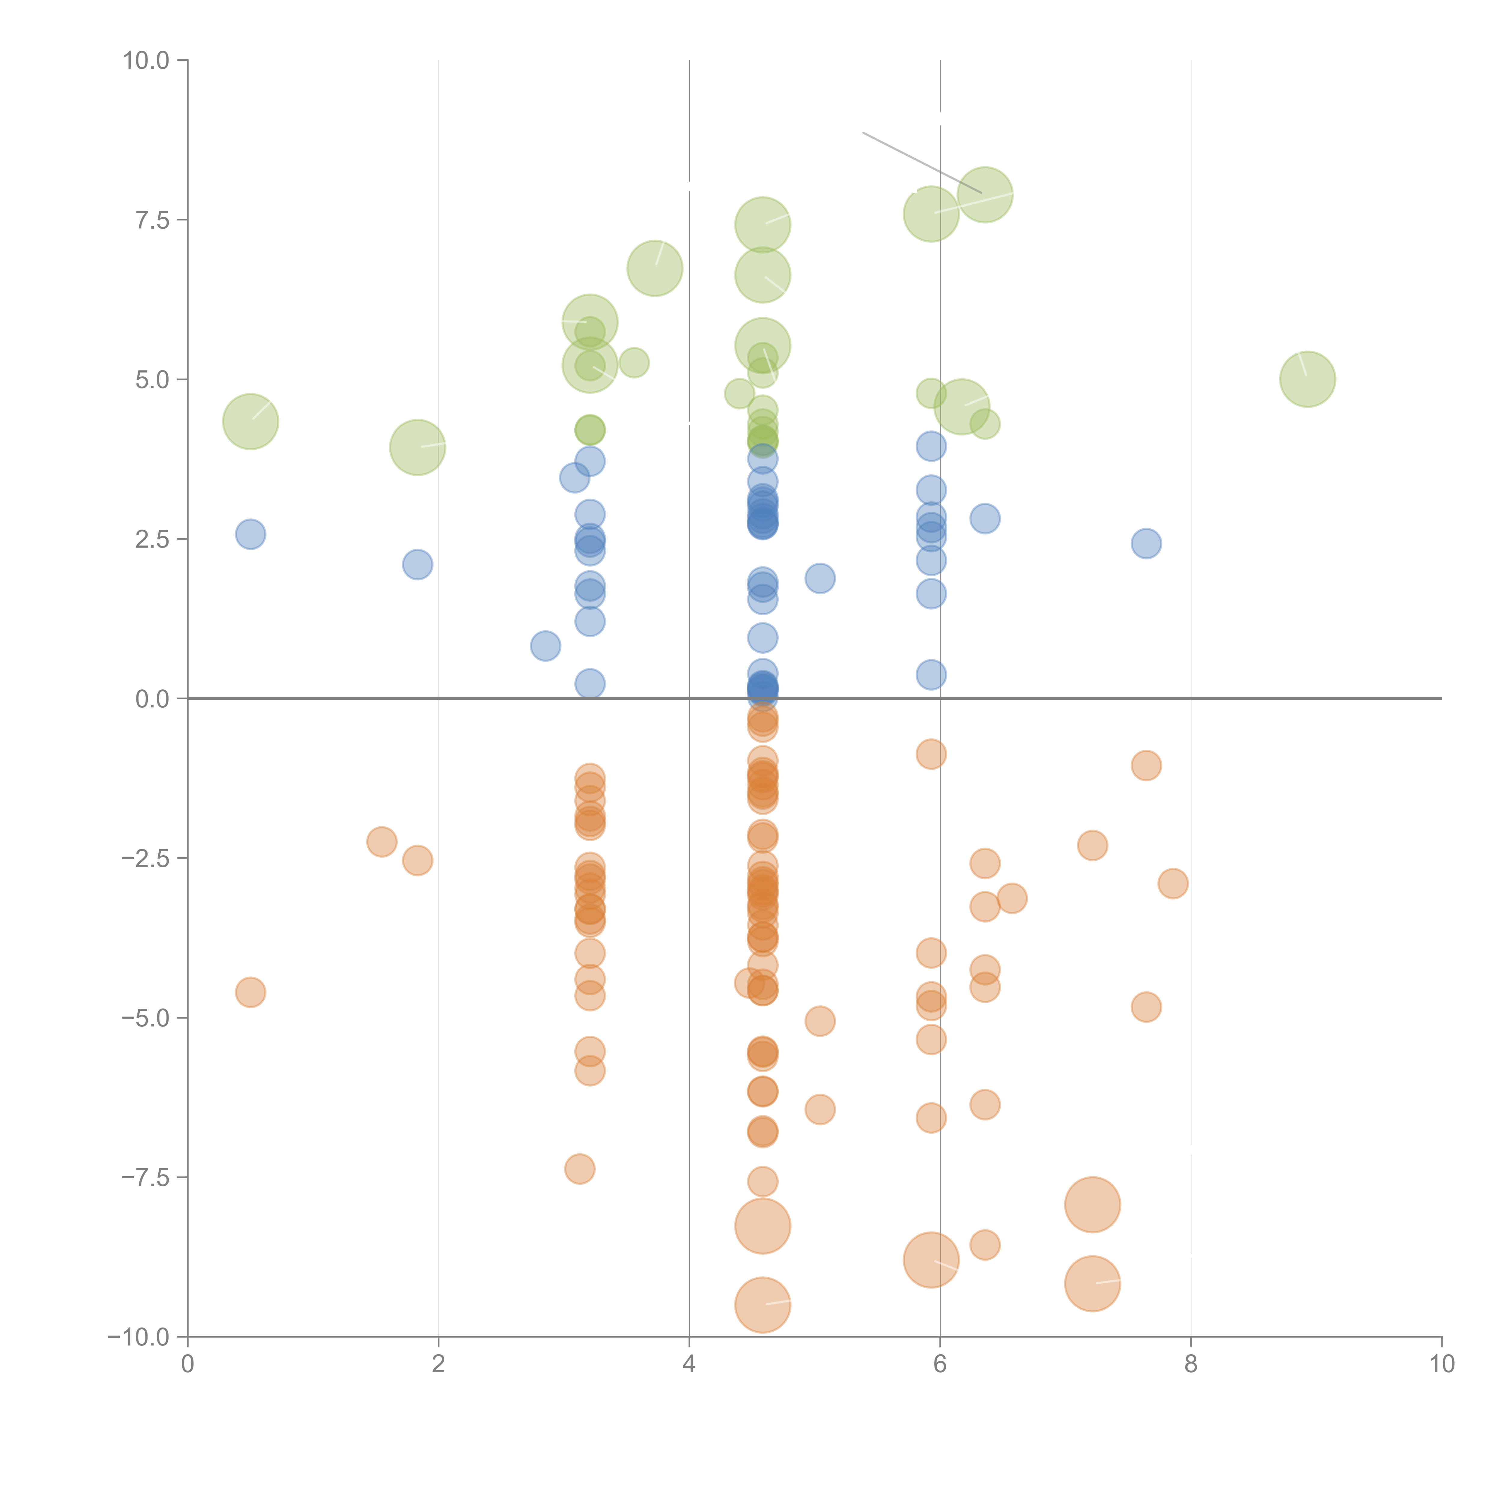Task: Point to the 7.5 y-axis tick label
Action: coord(152,220)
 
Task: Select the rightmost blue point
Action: coord(1146,543)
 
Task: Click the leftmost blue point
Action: coord(250,534)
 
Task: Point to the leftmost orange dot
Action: coord(250,992)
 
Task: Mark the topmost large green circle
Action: coord(985,194)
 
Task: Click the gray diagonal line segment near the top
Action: coord(922,163)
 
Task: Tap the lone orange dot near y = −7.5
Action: coord(579,1169)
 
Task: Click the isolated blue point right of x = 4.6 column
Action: coord(819,578)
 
